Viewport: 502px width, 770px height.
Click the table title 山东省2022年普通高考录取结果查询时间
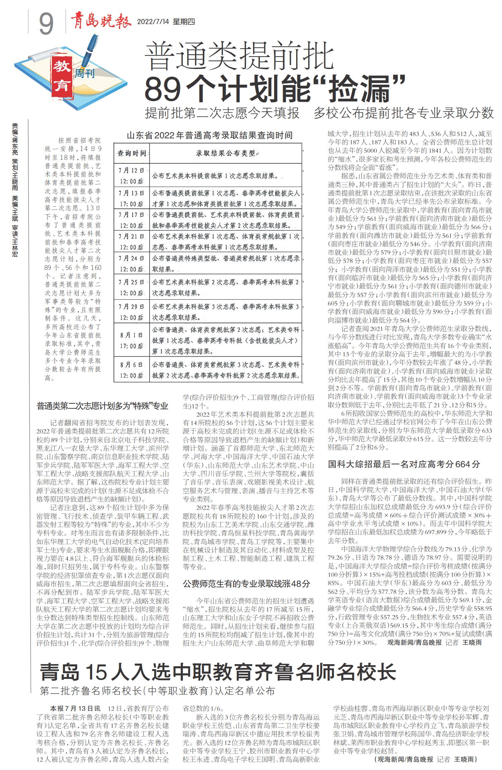[x=210, y=135]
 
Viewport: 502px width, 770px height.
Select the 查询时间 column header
[x=132, y=153]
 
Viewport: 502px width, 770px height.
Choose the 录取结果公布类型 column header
[x=225, y=153]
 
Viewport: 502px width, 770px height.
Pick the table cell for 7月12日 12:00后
[x=132, y=176]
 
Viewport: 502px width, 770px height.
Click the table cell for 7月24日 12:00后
[x=132, y=264]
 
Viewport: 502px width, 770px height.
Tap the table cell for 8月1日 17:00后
[x=132, y=340]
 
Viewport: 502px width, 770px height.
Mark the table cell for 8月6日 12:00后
[x=132, y=370]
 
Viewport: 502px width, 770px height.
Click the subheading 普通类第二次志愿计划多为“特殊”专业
[x=102, y=406]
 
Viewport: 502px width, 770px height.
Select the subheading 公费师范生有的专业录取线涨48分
[x=246, y=584]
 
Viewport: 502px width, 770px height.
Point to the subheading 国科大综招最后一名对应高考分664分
[x=404, y=464]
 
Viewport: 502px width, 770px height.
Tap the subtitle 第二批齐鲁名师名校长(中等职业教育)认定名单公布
[x=157, y=691]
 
